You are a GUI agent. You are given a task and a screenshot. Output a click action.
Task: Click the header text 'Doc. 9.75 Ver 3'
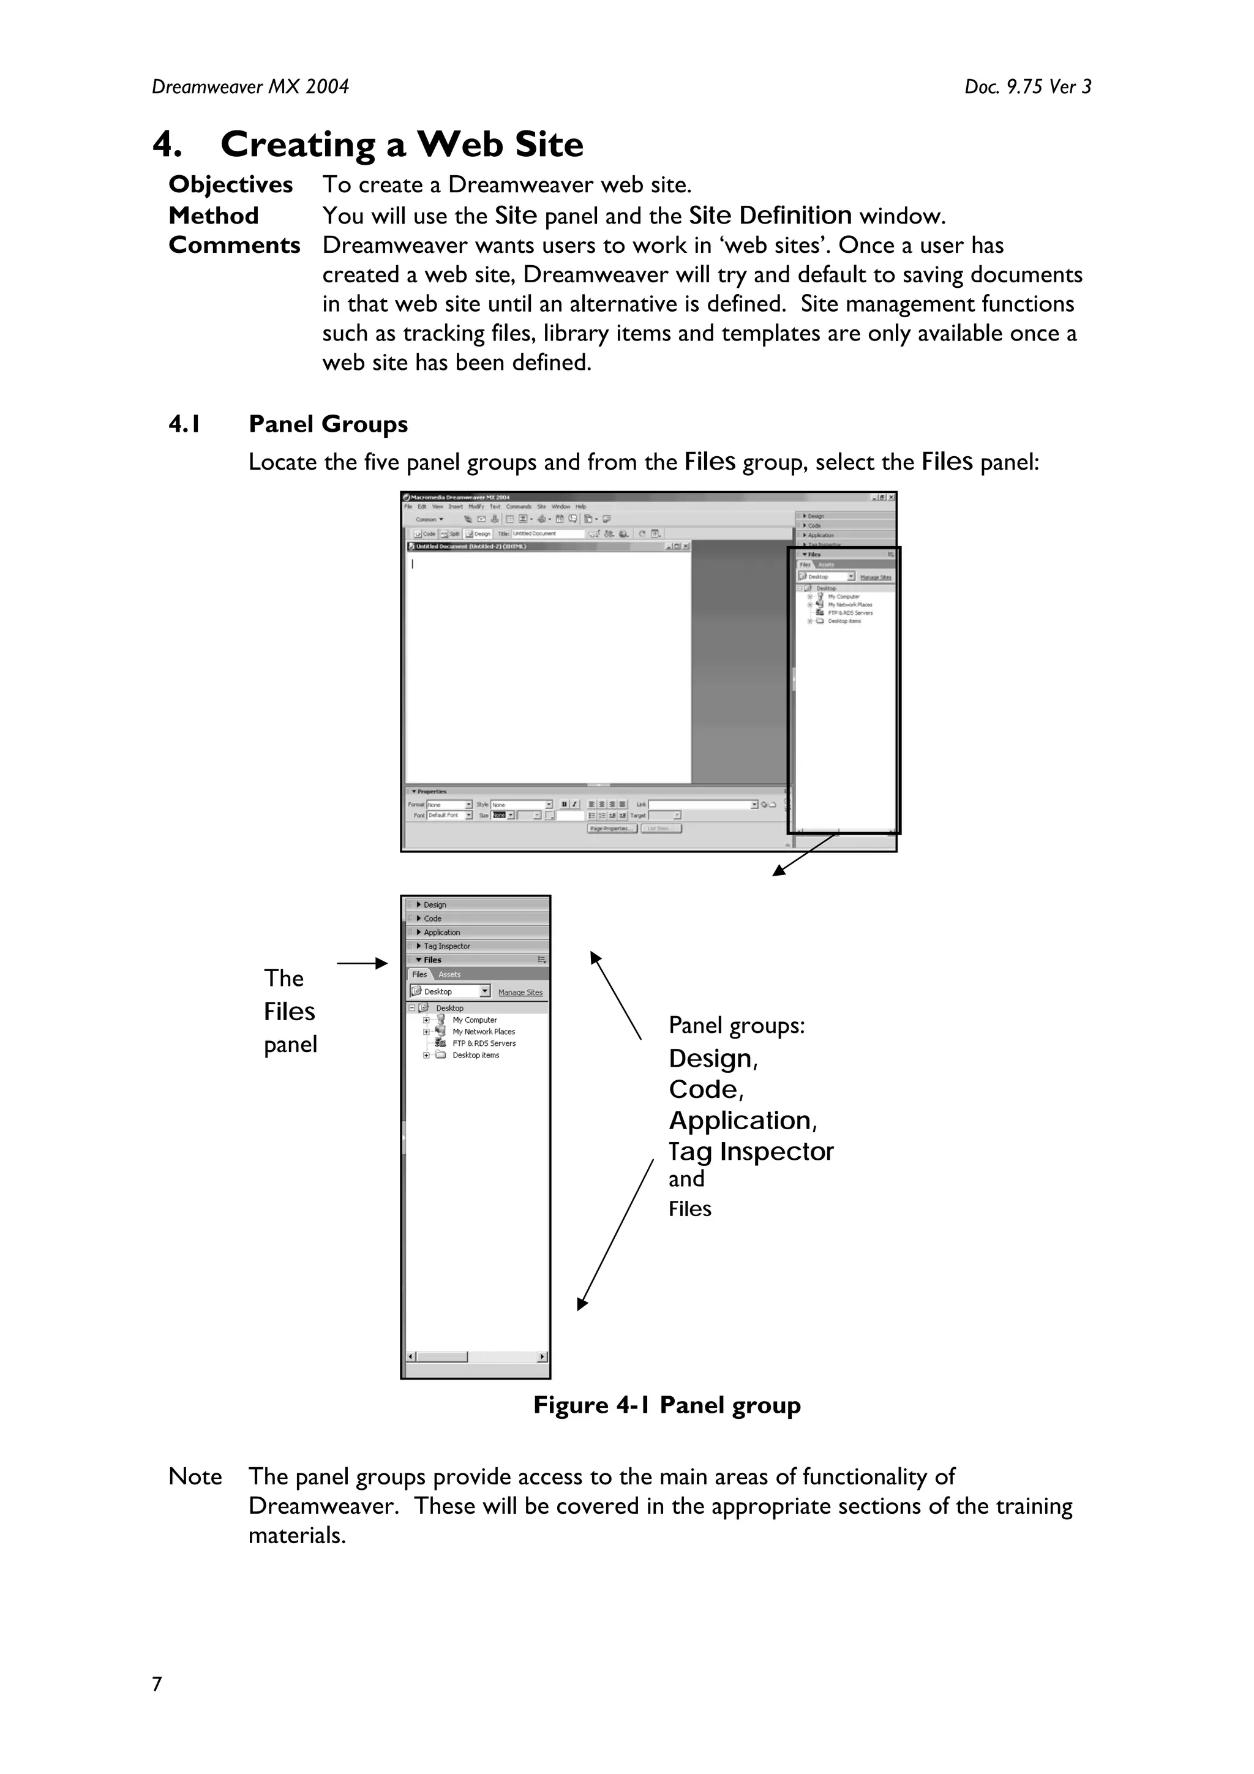(x=1027, y=86)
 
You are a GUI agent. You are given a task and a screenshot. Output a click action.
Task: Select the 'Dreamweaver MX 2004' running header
(x=250, y=86)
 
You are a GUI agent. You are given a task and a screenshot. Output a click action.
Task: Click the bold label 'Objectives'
(x=230, y=185)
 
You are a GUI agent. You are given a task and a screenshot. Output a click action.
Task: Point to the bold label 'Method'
(x=213, y=216)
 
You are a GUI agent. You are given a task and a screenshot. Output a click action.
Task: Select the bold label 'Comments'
(x=234, y=245)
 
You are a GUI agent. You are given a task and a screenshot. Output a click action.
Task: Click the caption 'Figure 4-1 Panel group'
(x=666, y=1405)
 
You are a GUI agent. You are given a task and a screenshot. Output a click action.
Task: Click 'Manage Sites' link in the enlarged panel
(x=520, y=992)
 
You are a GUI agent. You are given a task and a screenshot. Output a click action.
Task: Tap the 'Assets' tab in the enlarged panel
(x=449, y=974)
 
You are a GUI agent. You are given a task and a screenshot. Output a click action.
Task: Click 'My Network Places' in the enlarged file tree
(x=483, y=1031)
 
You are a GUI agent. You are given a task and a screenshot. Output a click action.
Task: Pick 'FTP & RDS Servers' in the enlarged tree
(x=484, y=1043)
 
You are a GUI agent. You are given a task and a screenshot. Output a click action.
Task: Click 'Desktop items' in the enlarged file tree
(x=475, y=1056)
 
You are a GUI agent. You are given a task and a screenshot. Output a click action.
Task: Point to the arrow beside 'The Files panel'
(x=362, y=963)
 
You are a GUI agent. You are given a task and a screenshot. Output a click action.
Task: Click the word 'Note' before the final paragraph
(x=195, y=1476)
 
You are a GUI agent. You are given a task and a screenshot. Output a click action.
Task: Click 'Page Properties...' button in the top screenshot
(x=612, y=829)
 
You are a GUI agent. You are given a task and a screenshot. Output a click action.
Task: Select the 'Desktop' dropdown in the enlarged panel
(x=449, y=991)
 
